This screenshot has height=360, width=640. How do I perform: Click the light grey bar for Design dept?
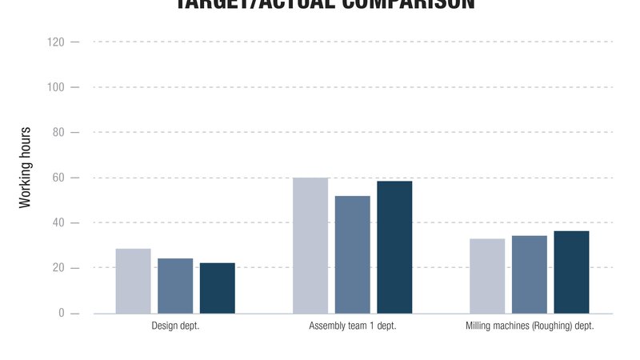pos(133,281)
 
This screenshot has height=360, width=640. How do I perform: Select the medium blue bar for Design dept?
pos(175,286)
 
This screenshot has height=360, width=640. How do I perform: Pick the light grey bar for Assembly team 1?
pos(310,245)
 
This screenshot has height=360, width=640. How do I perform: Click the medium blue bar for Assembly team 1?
pos(352,254)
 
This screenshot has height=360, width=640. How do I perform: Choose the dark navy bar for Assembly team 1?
pos(394,247)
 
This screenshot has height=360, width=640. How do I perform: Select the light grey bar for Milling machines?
pos(487,276)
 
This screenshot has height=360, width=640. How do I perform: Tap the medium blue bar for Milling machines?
pos(530,274)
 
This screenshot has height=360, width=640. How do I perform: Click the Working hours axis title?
pos(26,167)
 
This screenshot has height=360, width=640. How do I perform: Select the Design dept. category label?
pos(175,326)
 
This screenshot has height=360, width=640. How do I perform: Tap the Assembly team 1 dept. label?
pos(352,326)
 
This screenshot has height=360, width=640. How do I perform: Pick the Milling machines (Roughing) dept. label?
pos(530,326)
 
